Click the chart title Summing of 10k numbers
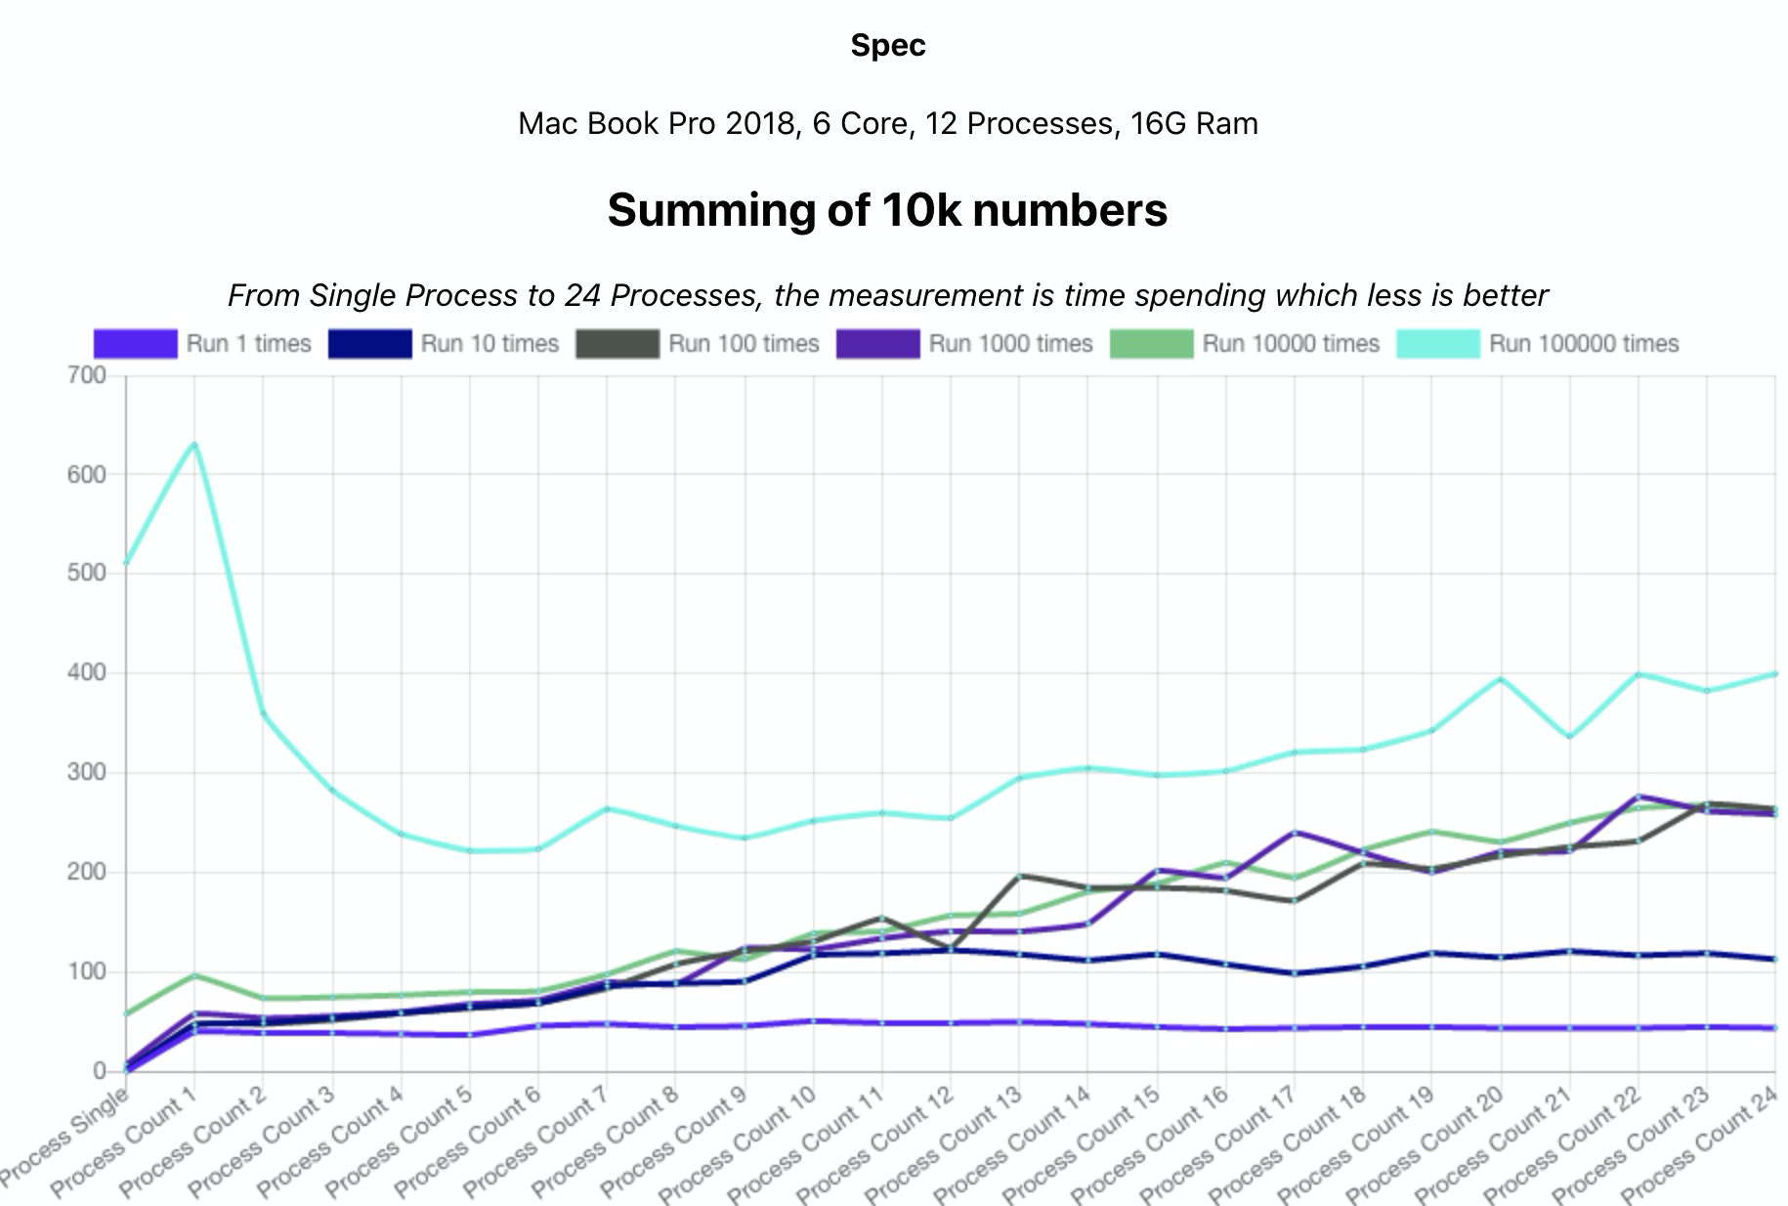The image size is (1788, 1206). pyautogui.click(x=887, y=210)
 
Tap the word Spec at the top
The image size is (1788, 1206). pyautogui.click(x=887, y=45)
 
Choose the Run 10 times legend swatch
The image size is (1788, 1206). pyautogui.click(x=369, y=344)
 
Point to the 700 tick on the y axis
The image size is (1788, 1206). pyautogui.click(x=87, y=375)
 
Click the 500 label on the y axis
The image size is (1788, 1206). pyautogui.click(x=87, y=574)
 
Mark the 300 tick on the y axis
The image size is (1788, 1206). pyautogui.click(x=87, y=773)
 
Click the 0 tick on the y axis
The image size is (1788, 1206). pyautogui.click(x=99, y=1071)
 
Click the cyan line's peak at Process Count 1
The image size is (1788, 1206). pyautogui.click(x=194, y=445)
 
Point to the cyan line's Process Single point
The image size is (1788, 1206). pyautogui.click(x=127, y=563)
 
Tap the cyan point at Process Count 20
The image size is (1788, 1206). pyautogui.click(x=1501, y=679)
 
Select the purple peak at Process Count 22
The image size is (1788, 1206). pyautogui.click(x=1639, y=797)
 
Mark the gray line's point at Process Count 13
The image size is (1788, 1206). pyautogui.click(x=1019, y=876)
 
